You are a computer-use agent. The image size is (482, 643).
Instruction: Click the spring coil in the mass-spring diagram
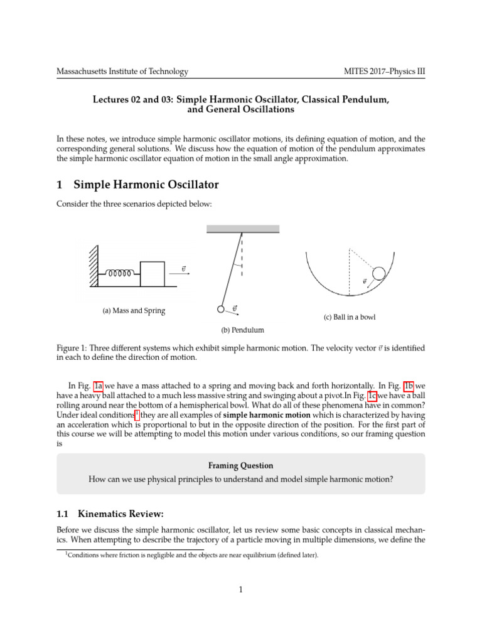119,274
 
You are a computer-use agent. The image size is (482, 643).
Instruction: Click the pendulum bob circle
220,309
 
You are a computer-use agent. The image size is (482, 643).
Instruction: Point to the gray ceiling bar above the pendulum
242,229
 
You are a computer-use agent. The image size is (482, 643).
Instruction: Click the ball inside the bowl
379,273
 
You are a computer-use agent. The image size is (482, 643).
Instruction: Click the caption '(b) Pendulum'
241,330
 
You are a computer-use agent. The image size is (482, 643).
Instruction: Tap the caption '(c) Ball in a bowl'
350,318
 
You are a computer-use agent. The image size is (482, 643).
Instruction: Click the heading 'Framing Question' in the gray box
241,466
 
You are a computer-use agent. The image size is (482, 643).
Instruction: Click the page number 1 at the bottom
241,589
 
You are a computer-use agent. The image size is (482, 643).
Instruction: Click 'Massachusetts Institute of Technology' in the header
122,72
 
